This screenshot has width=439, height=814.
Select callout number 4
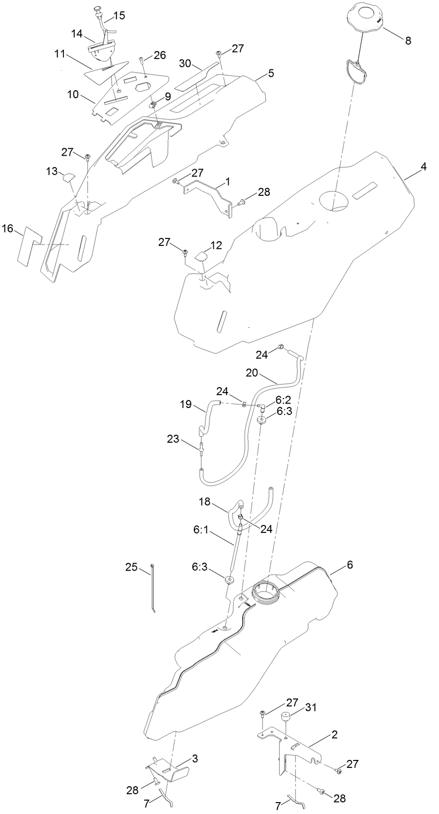423,167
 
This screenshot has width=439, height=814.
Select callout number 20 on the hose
252,373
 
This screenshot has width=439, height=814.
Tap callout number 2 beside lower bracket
334,735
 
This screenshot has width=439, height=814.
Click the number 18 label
205,502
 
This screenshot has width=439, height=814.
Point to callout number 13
52,172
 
